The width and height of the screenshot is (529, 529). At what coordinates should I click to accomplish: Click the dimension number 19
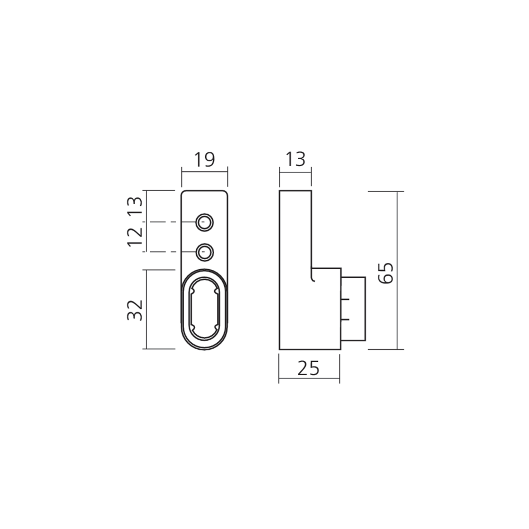click(x=205, y=159)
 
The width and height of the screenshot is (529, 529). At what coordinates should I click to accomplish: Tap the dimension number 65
click(x=386, y=272)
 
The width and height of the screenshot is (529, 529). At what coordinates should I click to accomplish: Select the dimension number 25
click(x=308, y=368)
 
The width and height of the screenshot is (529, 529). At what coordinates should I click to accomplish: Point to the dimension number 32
click(x=135, y=309)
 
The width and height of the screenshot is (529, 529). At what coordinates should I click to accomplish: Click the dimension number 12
click(x=135, y=236)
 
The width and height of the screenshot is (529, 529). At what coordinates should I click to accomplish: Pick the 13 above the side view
click(x=295, y=159)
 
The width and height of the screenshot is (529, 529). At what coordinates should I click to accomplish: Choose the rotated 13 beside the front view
click(x=135, y=206)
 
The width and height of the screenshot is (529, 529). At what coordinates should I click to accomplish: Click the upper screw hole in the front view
click(x=205, y=222)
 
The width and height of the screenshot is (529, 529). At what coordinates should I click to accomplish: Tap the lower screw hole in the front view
click(x=205, y=252)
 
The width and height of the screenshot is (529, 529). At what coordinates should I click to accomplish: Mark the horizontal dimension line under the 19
click(x=205, y=171)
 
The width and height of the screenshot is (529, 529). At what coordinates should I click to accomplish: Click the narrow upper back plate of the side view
click(x=295, y=227)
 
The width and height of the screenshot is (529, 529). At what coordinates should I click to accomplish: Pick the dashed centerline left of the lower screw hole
click(x=164, y=252)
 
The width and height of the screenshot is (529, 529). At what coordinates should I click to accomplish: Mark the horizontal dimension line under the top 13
click(x=295, y=170)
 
